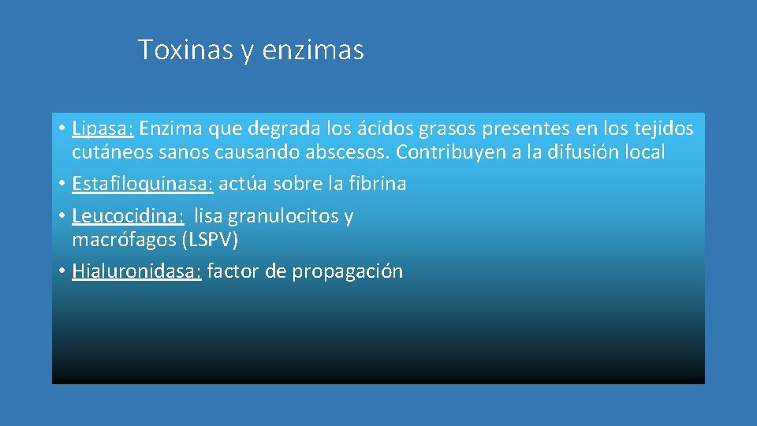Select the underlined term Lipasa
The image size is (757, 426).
pos(103,128)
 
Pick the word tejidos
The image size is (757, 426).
pos(661,128)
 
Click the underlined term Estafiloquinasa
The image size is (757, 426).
pos(142,184)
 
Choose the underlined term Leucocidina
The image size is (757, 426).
pos(128,216)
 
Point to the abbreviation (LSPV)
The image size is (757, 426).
pos(209,240)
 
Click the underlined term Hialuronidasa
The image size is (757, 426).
pos(136,272)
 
